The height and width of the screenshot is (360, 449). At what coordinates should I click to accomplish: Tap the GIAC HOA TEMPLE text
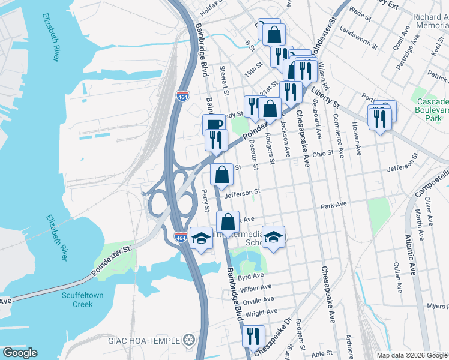pos(144,341)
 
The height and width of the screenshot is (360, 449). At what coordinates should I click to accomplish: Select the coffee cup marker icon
pos(214,124)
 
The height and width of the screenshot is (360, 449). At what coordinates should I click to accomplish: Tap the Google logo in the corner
pos(20,353)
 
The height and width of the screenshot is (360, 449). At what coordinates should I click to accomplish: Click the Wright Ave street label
pos(262,313)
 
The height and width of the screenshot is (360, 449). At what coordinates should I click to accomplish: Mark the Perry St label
pos(205,200)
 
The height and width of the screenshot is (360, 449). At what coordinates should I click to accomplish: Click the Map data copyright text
pos(402,355)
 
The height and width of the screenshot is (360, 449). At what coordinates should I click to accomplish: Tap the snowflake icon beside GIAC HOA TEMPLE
pos(190,341)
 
